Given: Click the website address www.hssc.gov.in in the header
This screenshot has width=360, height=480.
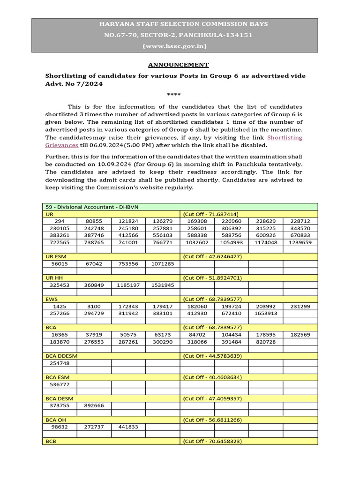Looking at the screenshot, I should pyautogui.click(x=174, y=46).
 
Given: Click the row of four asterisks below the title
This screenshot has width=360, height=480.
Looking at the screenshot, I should pyautogui.click(x=174, y=95).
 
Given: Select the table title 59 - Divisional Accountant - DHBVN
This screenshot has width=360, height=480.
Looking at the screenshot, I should pyautogui.click(x=92, y=207).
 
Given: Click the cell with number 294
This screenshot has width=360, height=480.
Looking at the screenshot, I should pyautogui.click(x=59, y=221).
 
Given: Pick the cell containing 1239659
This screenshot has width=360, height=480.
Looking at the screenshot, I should pyautogui.click(x=300, y=242).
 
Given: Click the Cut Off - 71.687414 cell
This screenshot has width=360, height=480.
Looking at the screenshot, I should pyautogui.click(x=214, y=213).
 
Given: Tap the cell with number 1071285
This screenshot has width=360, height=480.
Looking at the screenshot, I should pyautogui.click(x=163, y=264).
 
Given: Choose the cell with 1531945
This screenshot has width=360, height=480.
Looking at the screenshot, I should pyautogui.click(x=163, y=285).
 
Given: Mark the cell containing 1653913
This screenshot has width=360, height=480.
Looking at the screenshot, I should pyautogui.click(x=266, y=313).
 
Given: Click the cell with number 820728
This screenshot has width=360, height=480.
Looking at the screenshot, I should pyautogui.click(x=266, y=342).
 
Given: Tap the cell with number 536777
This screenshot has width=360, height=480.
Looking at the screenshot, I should pyautogui.click(x=59, y=384).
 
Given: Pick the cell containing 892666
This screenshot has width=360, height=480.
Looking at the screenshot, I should pyautogui.click(x=94, y=406).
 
